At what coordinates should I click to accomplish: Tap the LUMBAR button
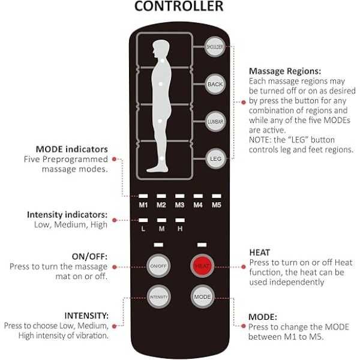click(215, 122)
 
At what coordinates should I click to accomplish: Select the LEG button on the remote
click(215, 159)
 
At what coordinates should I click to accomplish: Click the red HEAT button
click(201, 265)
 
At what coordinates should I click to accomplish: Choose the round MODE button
click(201, 297)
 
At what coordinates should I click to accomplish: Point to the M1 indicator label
click(143, 205)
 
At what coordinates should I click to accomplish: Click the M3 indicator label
click(179, 205)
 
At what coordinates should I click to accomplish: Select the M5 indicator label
click(217, 205)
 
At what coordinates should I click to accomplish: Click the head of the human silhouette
click(160, 47)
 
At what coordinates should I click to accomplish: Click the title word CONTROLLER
click(179, 7)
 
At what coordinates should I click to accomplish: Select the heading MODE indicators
click(72, 149)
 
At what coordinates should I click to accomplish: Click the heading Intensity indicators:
click(67, 214)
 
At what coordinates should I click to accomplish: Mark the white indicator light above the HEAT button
click(201, 245)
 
